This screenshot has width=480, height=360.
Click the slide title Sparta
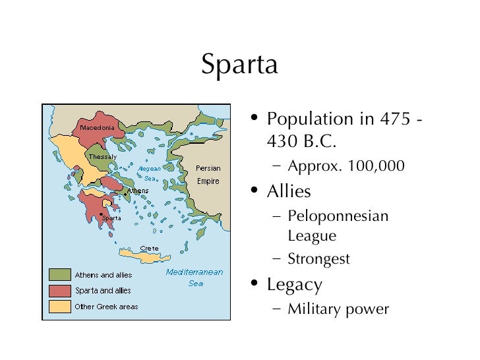coord(239,64)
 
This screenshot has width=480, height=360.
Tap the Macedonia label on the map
coord(97,127)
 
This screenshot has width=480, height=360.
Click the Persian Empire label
coord(208,175)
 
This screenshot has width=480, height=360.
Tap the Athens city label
coord(138,191)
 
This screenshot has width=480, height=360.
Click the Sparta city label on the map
coord(111,218)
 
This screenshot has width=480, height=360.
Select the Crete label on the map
coord(149,249)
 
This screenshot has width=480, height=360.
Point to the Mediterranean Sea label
coord(195,278)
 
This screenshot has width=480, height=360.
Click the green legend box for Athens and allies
coord(59,274)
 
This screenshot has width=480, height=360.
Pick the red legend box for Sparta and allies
coord(59,290)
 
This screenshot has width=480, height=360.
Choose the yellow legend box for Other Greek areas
coord(59,307)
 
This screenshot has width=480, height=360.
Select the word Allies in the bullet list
coord(289,191)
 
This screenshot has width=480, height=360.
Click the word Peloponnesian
coord(338,216)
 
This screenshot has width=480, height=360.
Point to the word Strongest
coord(318,259)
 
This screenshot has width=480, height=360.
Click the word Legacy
coord(294,285)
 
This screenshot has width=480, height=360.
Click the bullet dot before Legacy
coord(254,284)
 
